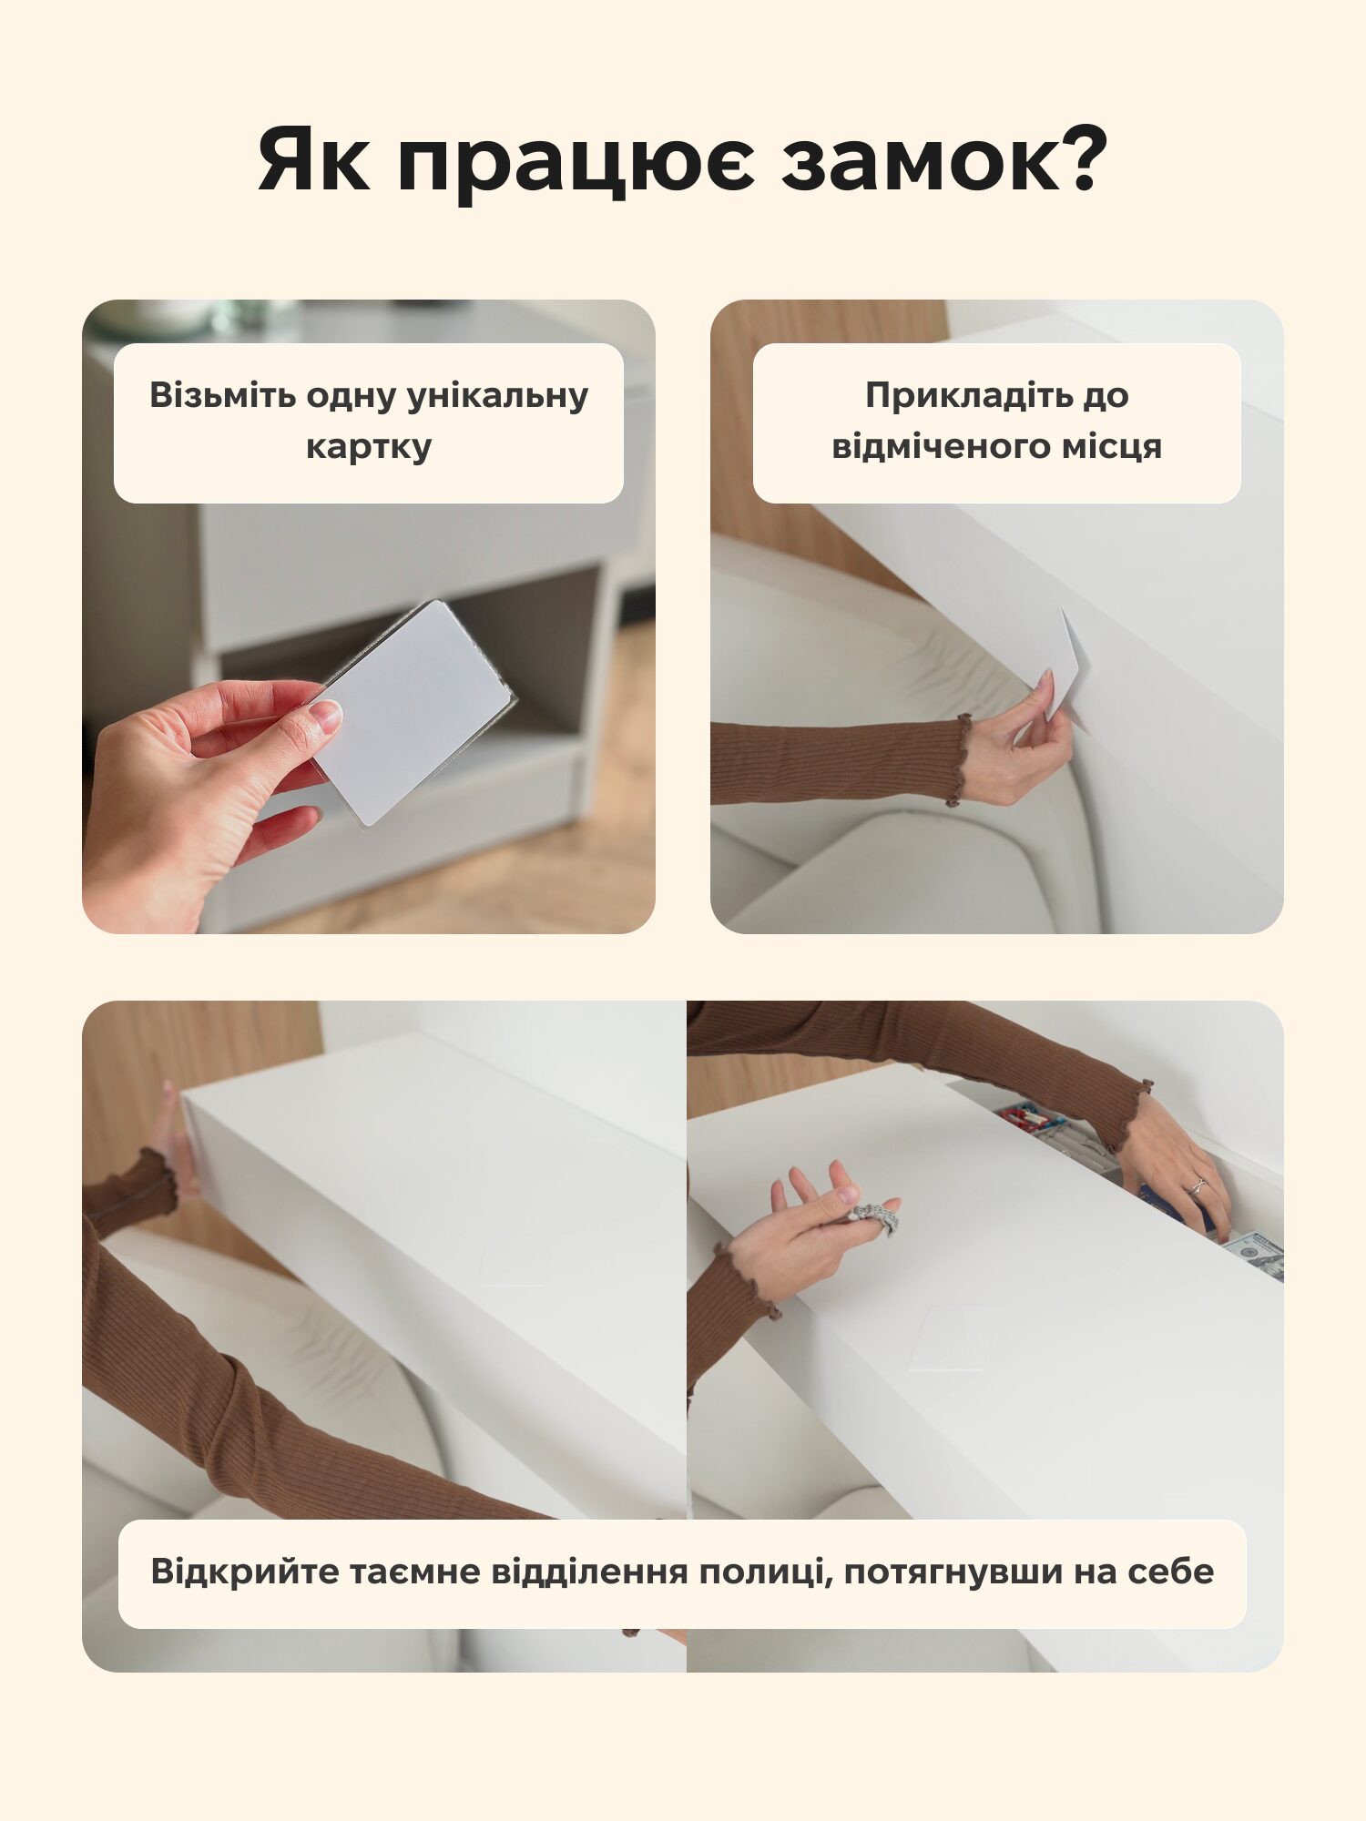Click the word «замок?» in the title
945,159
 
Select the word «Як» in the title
314,159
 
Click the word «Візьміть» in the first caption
222,395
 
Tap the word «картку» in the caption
369,448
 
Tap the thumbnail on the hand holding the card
324,716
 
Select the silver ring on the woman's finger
1197,1185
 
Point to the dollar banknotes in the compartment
1253,1253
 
